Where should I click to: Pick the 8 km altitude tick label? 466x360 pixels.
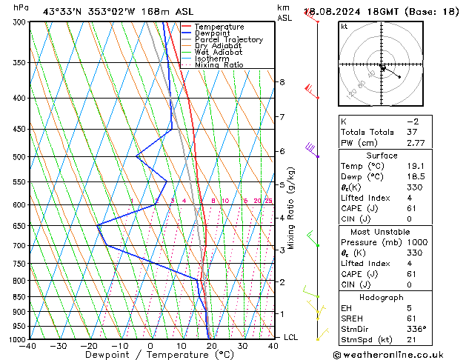(x=282, y=82)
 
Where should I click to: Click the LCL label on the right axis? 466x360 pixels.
(x=291, y=337)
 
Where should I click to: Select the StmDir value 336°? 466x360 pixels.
(x=417, y=329)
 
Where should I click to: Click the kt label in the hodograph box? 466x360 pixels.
(x=344, y=26)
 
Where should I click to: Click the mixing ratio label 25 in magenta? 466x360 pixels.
(x=268, y=201)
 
